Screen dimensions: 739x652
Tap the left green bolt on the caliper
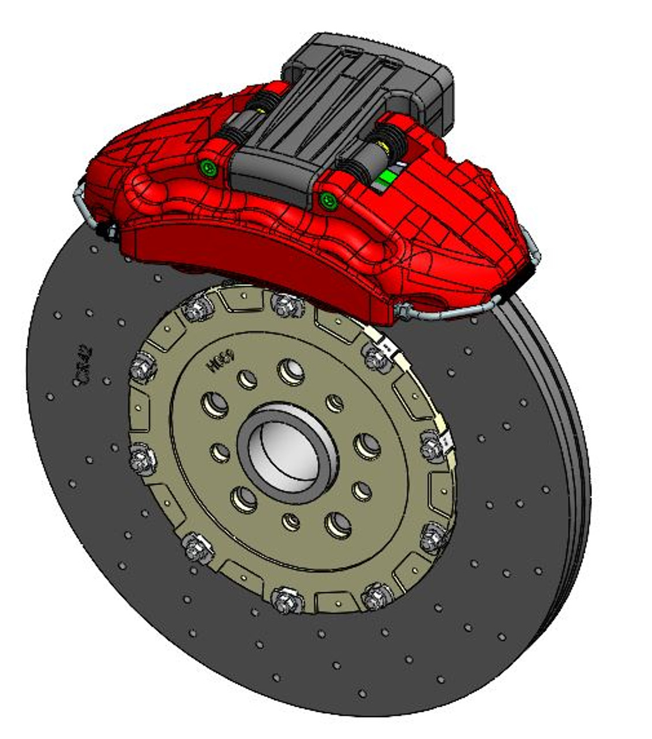coord(208,168)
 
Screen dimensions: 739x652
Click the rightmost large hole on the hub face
coord(367,446)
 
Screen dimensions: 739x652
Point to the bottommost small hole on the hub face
coord(292,521)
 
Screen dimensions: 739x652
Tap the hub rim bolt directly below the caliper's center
coord(287,304)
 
